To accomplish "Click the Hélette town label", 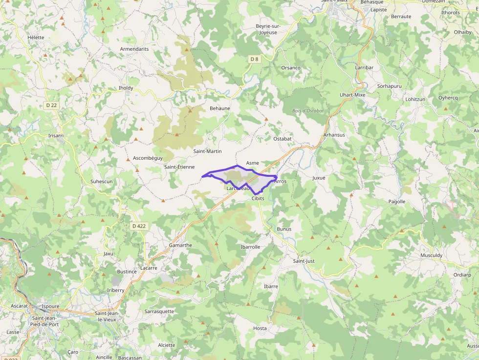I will click(36, 37).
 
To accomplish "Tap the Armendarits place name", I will click(134, 49).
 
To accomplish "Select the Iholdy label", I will click(126, 88).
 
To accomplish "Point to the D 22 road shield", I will click(51, 105).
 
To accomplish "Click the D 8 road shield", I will click(254, 59).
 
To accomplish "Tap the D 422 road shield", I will click(139, 226).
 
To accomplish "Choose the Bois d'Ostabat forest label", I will click(308, 111).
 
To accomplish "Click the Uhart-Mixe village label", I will click(352, 95).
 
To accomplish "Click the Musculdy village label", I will click(431, 255).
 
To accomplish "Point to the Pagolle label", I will click(397, 201).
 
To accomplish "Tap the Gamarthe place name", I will click(180, 245).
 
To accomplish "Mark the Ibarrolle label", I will click(250, 247).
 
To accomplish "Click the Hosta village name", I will click(260, 328).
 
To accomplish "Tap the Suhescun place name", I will click(101, 181).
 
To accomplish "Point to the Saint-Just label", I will click(304, 261).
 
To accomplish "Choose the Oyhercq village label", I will click(448, 98).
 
